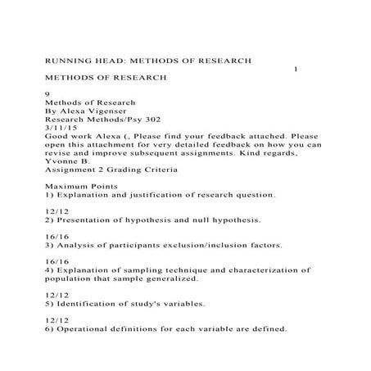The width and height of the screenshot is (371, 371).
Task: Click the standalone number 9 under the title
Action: point(47,95)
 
